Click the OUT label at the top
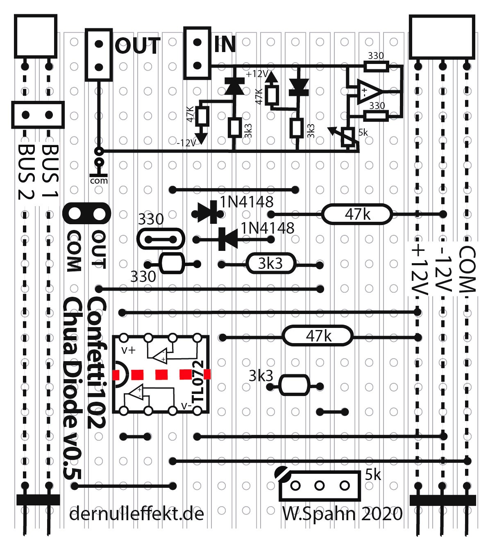[137, 46]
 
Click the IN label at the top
[225, 44]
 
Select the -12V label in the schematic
[186, 143]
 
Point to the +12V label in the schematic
[257, 74]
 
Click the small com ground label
[99, 180]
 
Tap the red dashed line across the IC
[162, 374]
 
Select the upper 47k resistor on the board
[356, 214]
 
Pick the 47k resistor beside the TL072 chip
[318, 337]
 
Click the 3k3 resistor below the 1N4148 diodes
[270, 264]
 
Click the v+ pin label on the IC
[129, 350]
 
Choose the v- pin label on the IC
[187, 406]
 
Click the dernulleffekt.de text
[136, 514]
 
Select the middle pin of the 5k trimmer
[319, 486]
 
